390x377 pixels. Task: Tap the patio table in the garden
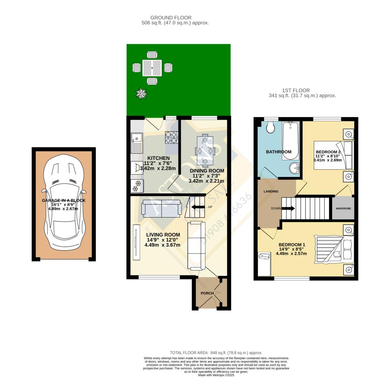(152, 68)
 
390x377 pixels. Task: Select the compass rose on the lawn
(142, 93)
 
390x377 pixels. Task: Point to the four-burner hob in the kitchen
(171, 137)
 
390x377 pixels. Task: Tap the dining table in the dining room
(205, 150)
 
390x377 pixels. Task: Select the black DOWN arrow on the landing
(288, 208)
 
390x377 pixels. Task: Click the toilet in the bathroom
(271, 127)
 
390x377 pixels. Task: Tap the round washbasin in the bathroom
(294, 168)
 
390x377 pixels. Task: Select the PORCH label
(208, 293)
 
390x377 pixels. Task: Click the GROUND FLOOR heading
(171, 18)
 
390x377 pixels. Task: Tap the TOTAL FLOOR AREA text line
(216, 353)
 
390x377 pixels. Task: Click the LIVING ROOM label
(163, 235)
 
